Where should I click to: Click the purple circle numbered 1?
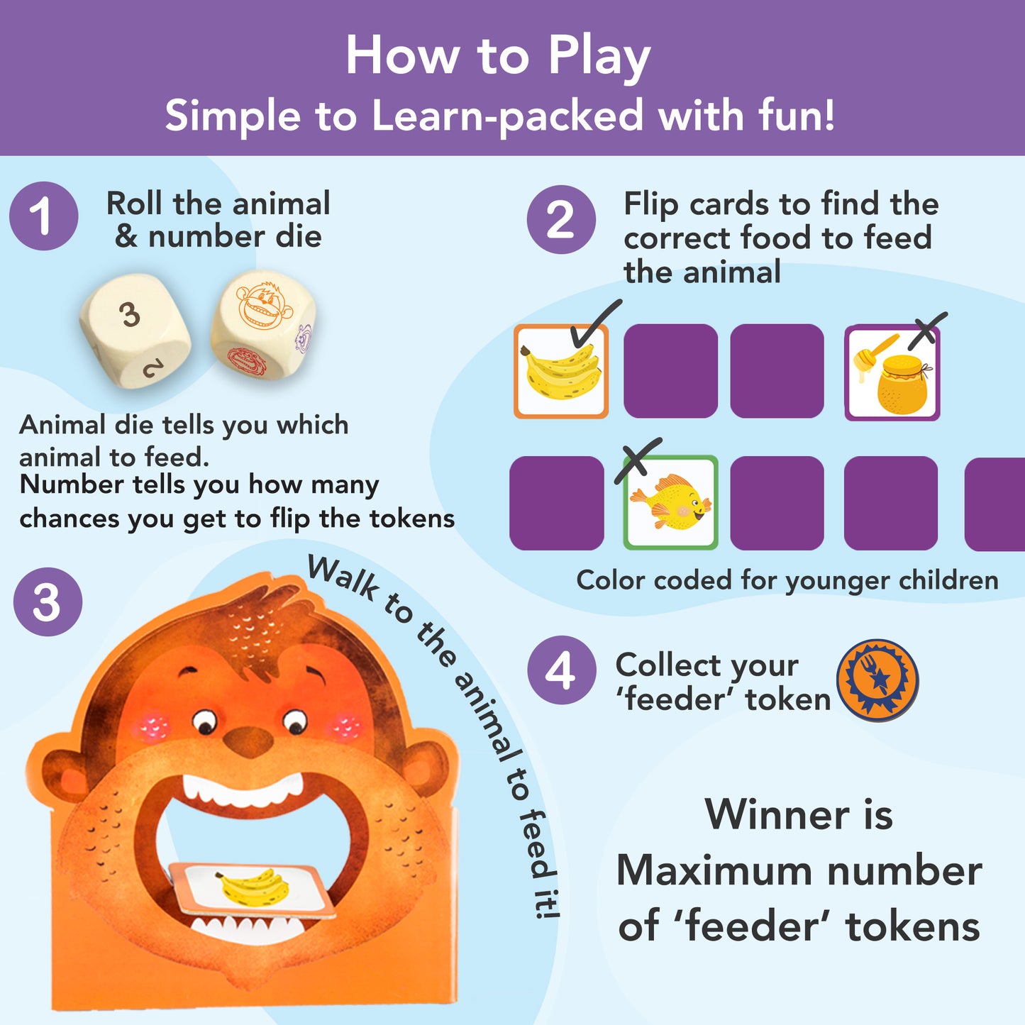tap(43, 216)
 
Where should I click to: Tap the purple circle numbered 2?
tap(561, 219)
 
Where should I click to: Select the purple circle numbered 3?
tap(48, 602)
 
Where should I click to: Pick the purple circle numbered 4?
tap(562, 670)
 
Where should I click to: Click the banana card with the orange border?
tap(561, 371)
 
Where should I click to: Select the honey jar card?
tap(892, 372)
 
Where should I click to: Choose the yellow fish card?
tap(670, 503)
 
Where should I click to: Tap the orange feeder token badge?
tap(877, 680)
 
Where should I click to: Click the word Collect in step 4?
tap(707, 665)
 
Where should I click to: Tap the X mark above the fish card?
tap(638, 460)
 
